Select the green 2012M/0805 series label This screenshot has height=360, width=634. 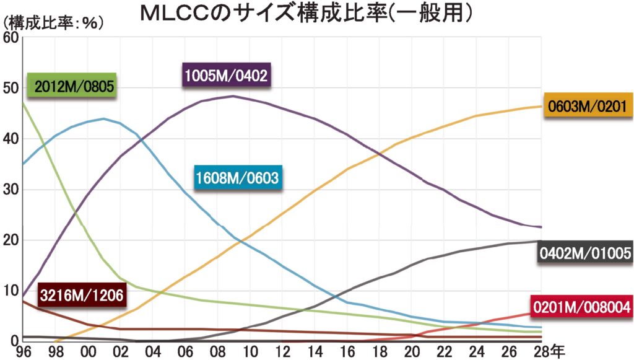[x=74, y=86]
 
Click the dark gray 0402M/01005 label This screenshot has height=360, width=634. [x=585, y=253]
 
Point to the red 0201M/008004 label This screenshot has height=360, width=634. [x=581, y=305]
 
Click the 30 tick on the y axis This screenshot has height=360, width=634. [x=11, y=189]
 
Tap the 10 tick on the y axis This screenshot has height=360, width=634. [x=11, y=290]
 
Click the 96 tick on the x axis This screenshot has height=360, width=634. [x=23, y=352]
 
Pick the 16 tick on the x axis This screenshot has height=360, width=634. [x=347, y=352]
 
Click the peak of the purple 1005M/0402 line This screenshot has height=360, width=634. [x=232, y=96]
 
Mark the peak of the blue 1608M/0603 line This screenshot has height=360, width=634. [x=103, y=118]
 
